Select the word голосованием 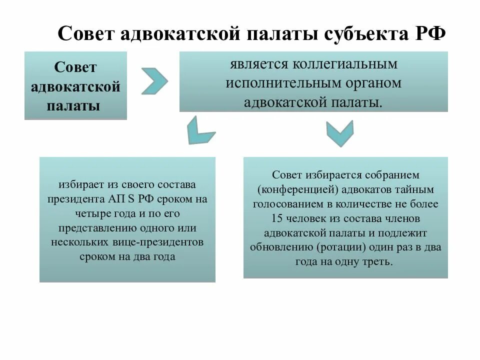(x=283, y=204)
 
